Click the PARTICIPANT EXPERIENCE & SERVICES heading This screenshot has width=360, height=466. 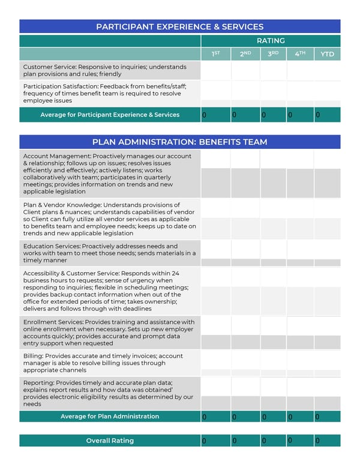(x=179, y=26)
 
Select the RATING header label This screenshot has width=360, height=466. (x=271, y=41)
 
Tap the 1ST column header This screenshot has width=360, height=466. (x=216, y=54)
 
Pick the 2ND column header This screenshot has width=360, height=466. (x=245, y=54)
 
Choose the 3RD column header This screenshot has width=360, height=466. (x=273, y=54)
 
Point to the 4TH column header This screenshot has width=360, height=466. (x=300, y=54)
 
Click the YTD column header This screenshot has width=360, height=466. (x=327, y=54)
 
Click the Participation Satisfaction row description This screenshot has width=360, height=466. (x=105, y=94)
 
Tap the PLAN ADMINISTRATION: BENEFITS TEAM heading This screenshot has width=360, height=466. (x=179, y=142)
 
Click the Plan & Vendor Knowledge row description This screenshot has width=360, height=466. (x=108, y=219)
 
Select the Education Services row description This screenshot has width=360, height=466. (x=108, y=253)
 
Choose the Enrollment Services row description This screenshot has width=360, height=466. (x=108, y=333)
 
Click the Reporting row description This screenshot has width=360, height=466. (x=108, y=393)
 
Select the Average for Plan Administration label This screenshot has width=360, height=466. (x=110, y=416)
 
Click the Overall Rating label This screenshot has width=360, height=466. (x=110, y=441)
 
